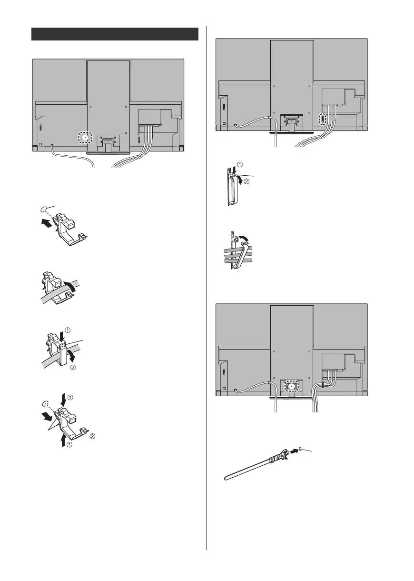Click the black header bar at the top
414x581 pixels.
115,34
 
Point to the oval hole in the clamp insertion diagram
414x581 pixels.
44,209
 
